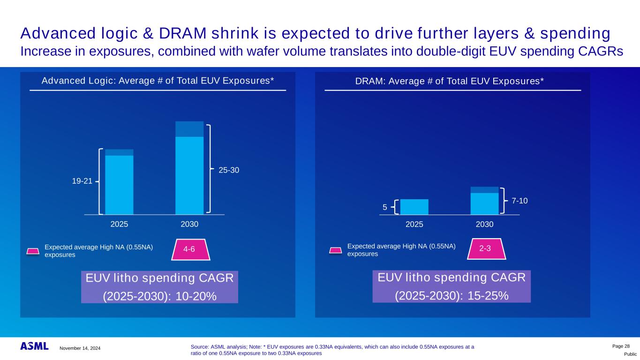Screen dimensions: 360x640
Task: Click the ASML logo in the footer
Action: pyautogui.click(x=34, y=346)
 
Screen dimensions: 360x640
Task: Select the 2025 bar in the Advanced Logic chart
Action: pyautogui.click(x=119, y=182)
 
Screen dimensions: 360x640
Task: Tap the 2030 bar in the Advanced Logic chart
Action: pyautogui.click(x=189, y=168)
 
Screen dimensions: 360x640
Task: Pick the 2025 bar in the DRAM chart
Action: pyautogui.click(x=414, y=207)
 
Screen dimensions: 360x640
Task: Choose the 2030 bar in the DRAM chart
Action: pyautogui.click(x=484, y=201)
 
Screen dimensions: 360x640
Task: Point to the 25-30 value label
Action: pyautogui.click(x=229, y=170)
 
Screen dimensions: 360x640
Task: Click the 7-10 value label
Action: pyautogui.click(x=520, y=201)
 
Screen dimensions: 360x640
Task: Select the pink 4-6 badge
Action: pyautogui.click(x=189, y=249)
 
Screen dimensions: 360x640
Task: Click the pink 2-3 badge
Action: pyautogui.click(x=485, y=249)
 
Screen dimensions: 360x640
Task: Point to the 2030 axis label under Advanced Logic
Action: pyautogui.click(x=189, y=225)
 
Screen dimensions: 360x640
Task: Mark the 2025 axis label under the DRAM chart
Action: pyautogui.click(x=414, y=225)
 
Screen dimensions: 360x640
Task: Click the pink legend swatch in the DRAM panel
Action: pyautogui.click(x=335, y=250)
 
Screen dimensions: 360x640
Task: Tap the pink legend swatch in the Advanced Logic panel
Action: pyautogui.click(x=32, y=251)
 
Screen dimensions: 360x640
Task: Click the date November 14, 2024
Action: pyautogui.click(x=80, y=348)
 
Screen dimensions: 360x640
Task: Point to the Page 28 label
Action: pyautogui.click(x=621, y=345)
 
